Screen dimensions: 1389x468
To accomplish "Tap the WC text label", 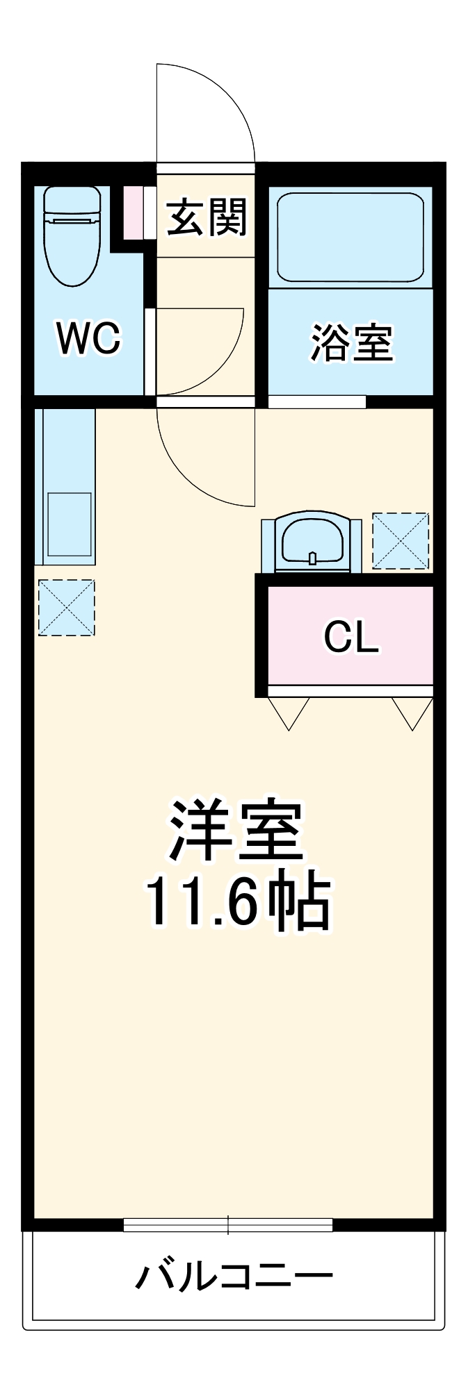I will click(x=88, y=338).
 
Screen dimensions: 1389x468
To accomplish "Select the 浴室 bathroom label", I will click(x=351, y=342).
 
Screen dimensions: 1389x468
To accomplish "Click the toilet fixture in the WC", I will click(x=72, y=236).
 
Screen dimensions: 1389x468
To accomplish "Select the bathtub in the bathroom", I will click(x=350, y=237).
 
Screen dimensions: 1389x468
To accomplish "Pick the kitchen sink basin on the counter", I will click(x=70, y=524).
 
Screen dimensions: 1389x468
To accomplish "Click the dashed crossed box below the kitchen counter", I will click(x=66, y=608).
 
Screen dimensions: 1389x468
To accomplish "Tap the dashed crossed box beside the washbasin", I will click(x=401, y=541).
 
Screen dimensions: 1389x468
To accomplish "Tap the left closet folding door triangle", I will click(x=289, y=712).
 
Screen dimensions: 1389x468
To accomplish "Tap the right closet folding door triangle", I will click(x=412, y=712).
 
